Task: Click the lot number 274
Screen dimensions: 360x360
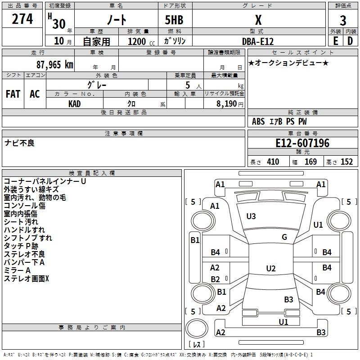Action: click(x=22, y=19)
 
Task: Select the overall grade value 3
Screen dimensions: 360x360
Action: click(x=343, y=20)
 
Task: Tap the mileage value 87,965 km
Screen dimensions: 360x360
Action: click(x=55, y=65)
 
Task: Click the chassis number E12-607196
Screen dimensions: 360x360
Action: click(x=302, y=143)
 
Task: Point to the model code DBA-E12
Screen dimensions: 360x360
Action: click(x=258, y=41)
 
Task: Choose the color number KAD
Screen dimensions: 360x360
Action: click(x=74, y=104)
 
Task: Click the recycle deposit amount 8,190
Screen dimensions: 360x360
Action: click(x=226, y=104)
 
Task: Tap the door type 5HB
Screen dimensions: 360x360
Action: click(x=174, y=20)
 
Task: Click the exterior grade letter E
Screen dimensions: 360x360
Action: click(x=335, y=41)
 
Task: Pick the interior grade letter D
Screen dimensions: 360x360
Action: click(x=350, y=41)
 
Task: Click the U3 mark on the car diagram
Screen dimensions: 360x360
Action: click(x=251, y=216)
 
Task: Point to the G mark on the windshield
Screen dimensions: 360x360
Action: click(x=284, y=237)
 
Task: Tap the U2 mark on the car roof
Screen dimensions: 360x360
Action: click(x=271, y=268)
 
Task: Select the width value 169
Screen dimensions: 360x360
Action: click(x=310, y=162)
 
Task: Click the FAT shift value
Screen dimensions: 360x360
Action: click(x=13, y=94)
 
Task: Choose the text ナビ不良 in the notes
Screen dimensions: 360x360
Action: click(x=19, y=143)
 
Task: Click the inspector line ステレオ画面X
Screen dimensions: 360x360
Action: click(x=27, y=279)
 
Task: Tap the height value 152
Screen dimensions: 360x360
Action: click(x=346, y=162)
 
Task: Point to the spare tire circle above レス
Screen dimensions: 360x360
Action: click(x=197, y=328)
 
